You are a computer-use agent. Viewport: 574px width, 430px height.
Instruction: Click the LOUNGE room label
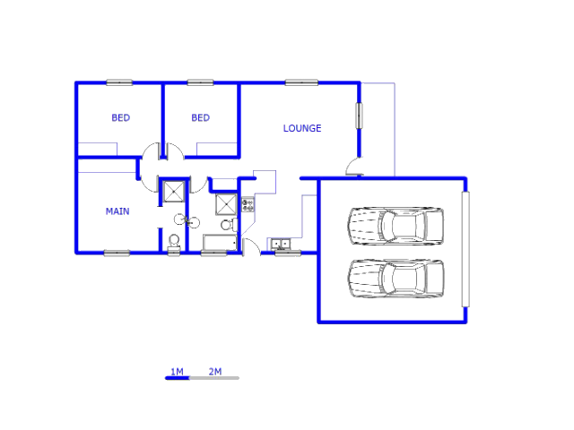(x=302, y=128)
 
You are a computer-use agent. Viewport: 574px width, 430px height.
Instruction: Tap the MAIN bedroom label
(x=117, y=211)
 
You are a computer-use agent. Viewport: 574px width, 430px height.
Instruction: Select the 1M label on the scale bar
(x=178, y=372)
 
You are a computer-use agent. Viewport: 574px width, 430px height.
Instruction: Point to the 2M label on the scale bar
(x=215, y=372)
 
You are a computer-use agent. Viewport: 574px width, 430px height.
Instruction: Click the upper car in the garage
(x=396, y=226)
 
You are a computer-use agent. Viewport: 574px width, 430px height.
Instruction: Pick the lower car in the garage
(x=396, y=279)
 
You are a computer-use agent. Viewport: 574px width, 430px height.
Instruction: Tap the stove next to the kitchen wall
(x=248, y=204)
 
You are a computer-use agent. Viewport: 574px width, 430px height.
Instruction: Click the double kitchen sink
(x=281, y=244)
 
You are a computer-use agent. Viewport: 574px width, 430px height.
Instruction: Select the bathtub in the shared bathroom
(x=220, y=243)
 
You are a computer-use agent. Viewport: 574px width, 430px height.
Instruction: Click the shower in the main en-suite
(x=174, y=191)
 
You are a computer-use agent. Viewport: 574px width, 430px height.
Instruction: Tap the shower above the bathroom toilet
(x=226, y=204)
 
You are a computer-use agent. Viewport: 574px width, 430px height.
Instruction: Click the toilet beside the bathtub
(x=230, y=225)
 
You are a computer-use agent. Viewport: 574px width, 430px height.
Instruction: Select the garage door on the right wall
(x=465, y=249)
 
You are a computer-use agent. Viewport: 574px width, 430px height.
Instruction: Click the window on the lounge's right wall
(x=359, y=116)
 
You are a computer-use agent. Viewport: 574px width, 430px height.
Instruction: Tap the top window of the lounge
(x=301, y=82)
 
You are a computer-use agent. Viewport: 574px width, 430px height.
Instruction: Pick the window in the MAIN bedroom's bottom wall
(x=117, y=253)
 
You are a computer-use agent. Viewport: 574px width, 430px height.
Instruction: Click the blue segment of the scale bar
(x=178, y=378)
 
